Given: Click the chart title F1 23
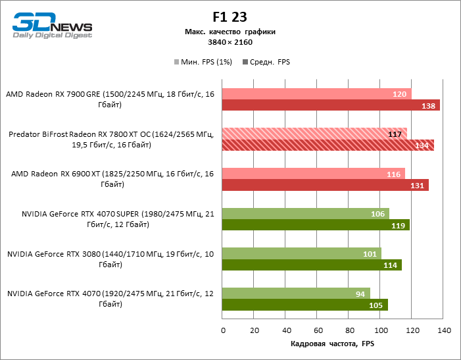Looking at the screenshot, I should [x=230, y=16].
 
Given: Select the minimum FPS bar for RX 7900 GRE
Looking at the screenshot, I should [x=316, y=93].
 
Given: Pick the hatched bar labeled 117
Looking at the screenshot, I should [x=314, y=134].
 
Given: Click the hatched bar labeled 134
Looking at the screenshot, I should [x=328, y=145].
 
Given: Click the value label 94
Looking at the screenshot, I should [x=360, y=294].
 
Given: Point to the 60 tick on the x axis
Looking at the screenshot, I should [x=318, y=329].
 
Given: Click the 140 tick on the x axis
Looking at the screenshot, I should [x=443, y=329].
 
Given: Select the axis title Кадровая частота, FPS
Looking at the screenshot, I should [x=331, y=344].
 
